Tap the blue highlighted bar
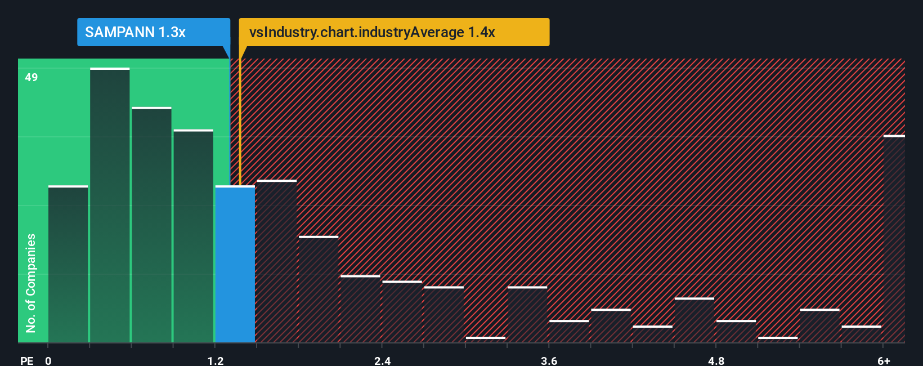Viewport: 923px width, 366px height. click(x=235, y=264)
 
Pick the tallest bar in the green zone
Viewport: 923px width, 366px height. click(x=110, y=205)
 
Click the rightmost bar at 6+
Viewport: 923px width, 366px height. click(x=894, y=239)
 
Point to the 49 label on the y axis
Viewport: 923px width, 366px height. click(x=32, y=77)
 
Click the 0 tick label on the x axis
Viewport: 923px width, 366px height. click(x=48, y=360)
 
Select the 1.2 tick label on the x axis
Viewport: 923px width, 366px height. click(x=216, y=360)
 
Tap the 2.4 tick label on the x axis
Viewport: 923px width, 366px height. click(x=383, y=360)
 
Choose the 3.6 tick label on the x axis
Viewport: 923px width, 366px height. click(x=549, y=360)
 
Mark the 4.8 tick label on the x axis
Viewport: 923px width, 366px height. click(x=716, y=360)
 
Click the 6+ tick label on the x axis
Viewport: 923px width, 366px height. click(x=884, y=360)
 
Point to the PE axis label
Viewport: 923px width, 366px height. click(x=26, y=360)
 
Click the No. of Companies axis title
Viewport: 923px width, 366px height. click(x=31, y=283)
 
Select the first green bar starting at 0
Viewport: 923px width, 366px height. click(x=68, y=264)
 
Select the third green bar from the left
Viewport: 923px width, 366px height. click(x=151, y=225)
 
